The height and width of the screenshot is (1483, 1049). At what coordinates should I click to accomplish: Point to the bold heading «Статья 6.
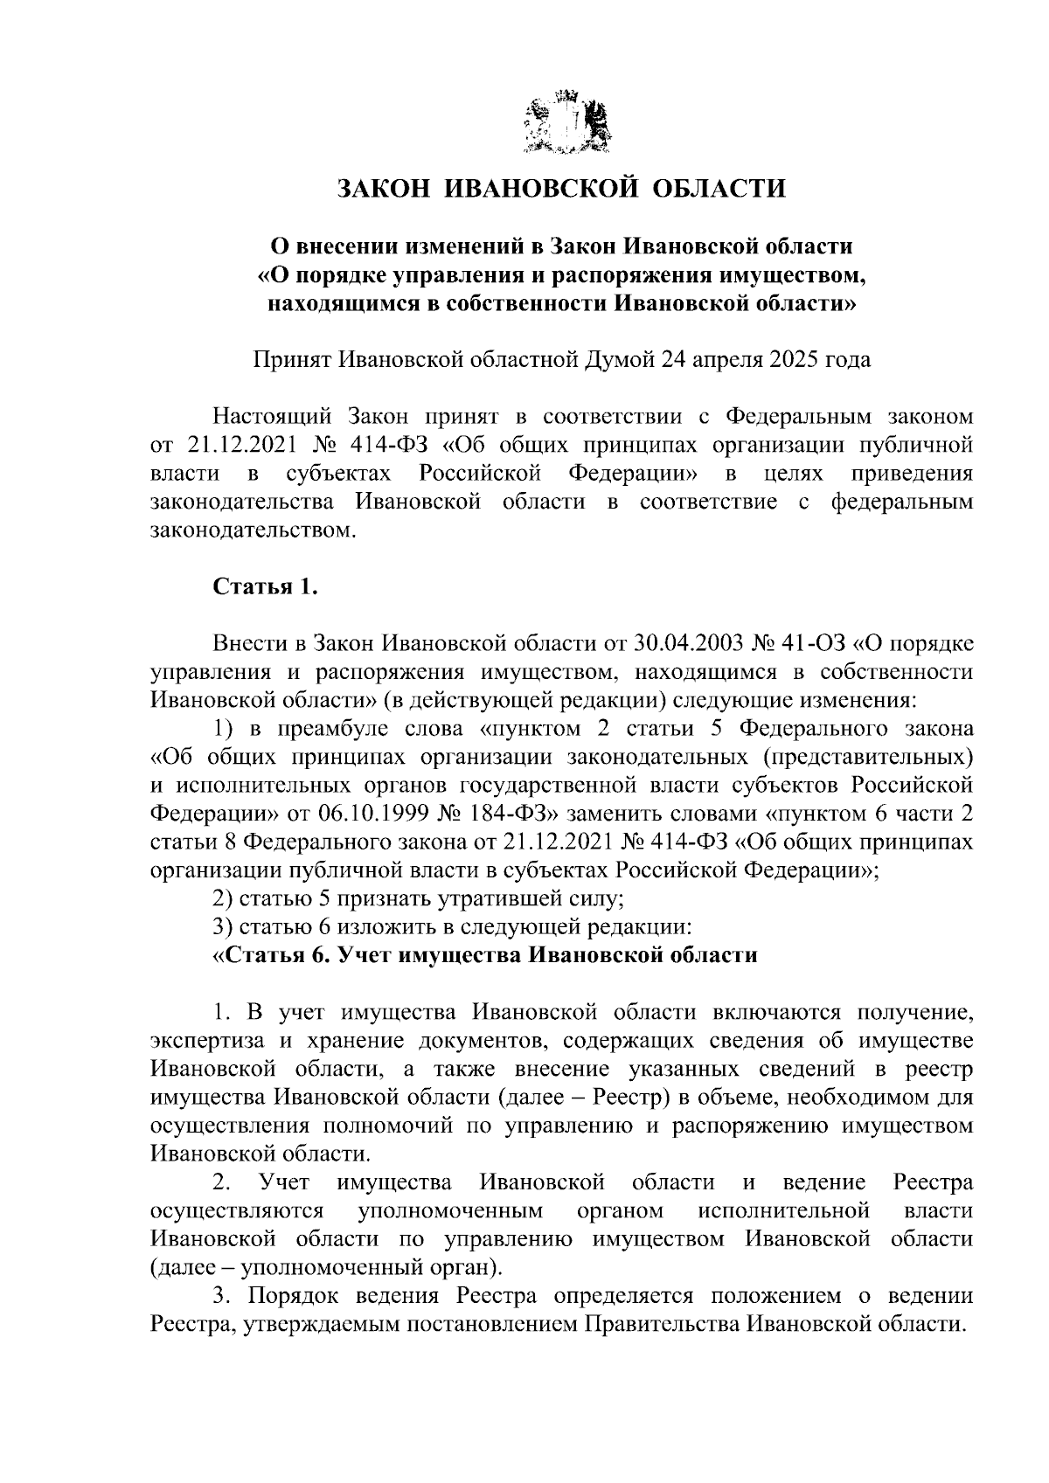(x=274, y=955)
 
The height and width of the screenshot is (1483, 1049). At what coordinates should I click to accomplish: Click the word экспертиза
(x=204, y=1041)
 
